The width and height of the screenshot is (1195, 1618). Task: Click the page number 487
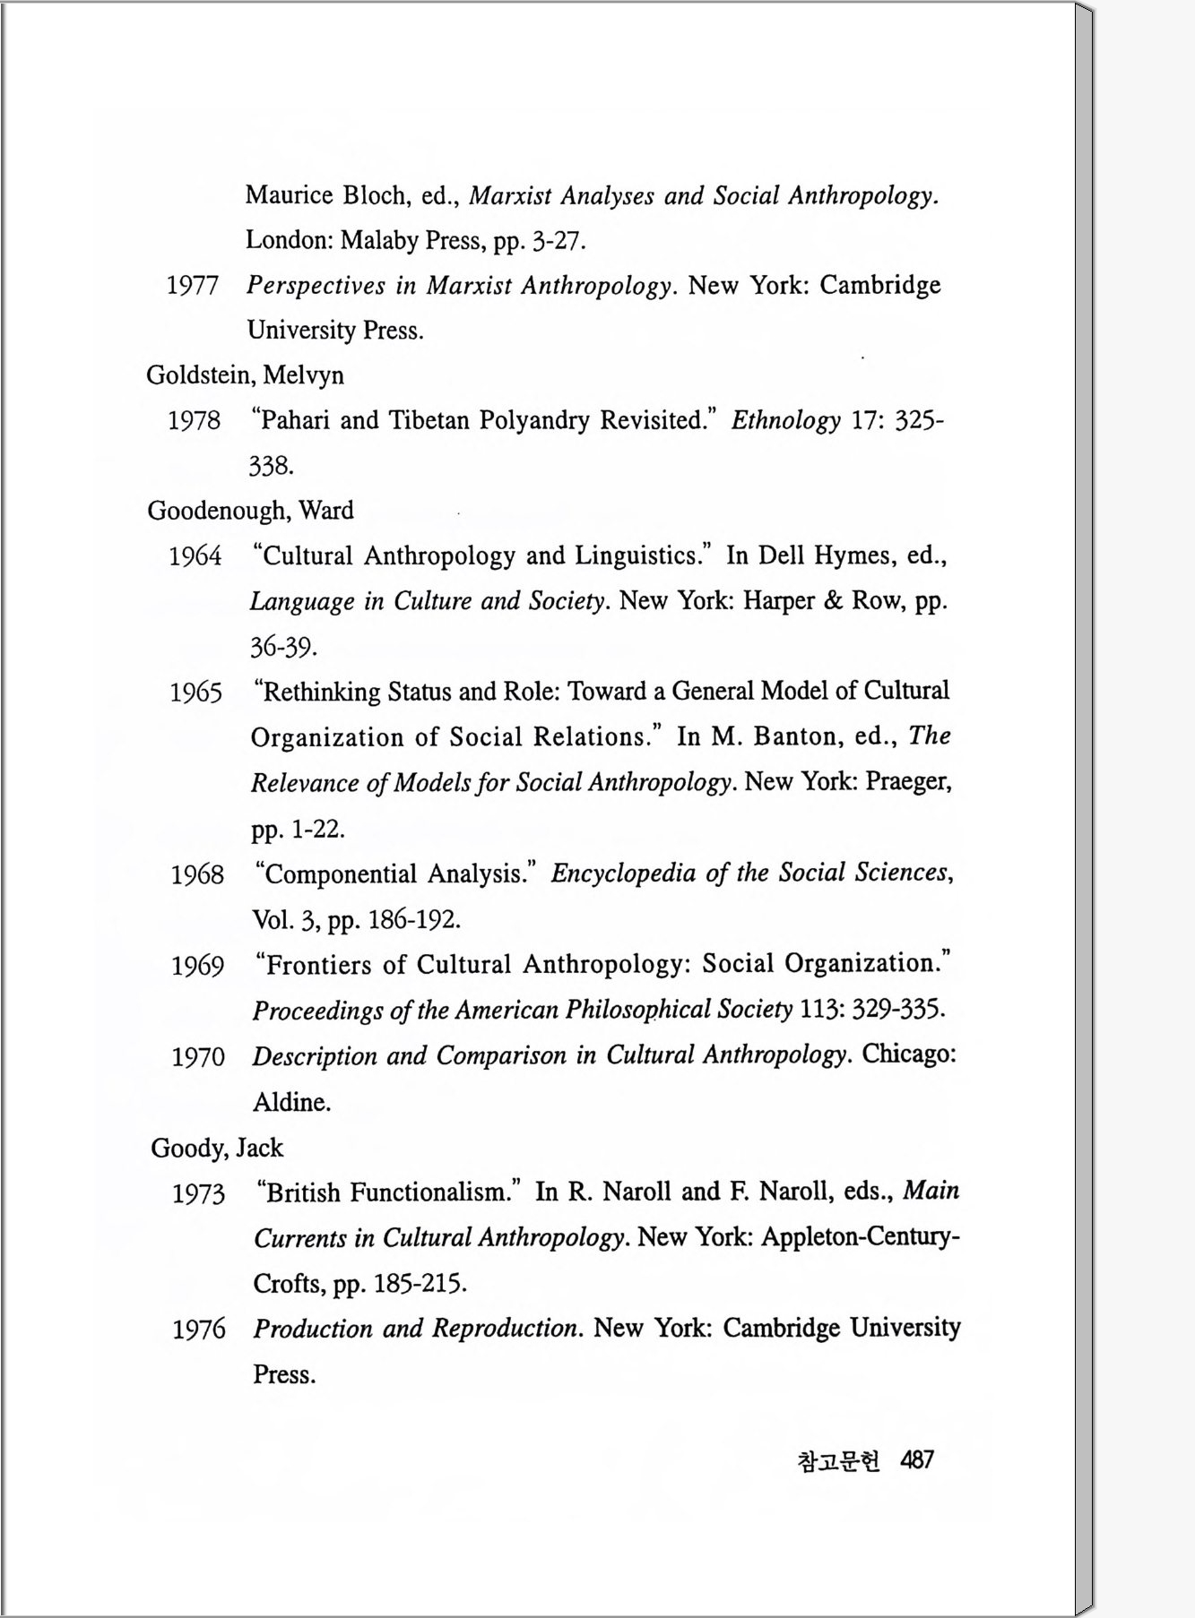[916, 1460]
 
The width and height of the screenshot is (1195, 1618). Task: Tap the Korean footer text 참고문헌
[837, 1461]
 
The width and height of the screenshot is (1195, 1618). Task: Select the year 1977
[192, 286]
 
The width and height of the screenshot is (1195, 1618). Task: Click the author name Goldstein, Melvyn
[245, 374]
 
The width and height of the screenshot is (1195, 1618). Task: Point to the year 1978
[194, 420]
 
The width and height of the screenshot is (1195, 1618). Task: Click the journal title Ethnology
[785, 420]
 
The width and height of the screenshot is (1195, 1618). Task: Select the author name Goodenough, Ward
[250, 511]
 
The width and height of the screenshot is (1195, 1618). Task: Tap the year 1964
[195, 556]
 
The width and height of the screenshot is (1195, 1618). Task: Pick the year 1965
[195, 693]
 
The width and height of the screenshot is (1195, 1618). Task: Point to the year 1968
[197, 874]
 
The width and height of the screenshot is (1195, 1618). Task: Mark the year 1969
[197, 966]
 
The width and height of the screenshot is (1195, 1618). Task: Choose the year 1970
[198, 1057]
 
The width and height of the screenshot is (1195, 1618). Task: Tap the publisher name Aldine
[290, 1102]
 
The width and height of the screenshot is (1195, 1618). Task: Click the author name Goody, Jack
[216, 1148]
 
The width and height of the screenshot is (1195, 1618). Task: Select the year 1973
[198, 1193]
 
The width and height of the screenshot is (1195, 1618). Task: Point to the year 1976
[199, 1329]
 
